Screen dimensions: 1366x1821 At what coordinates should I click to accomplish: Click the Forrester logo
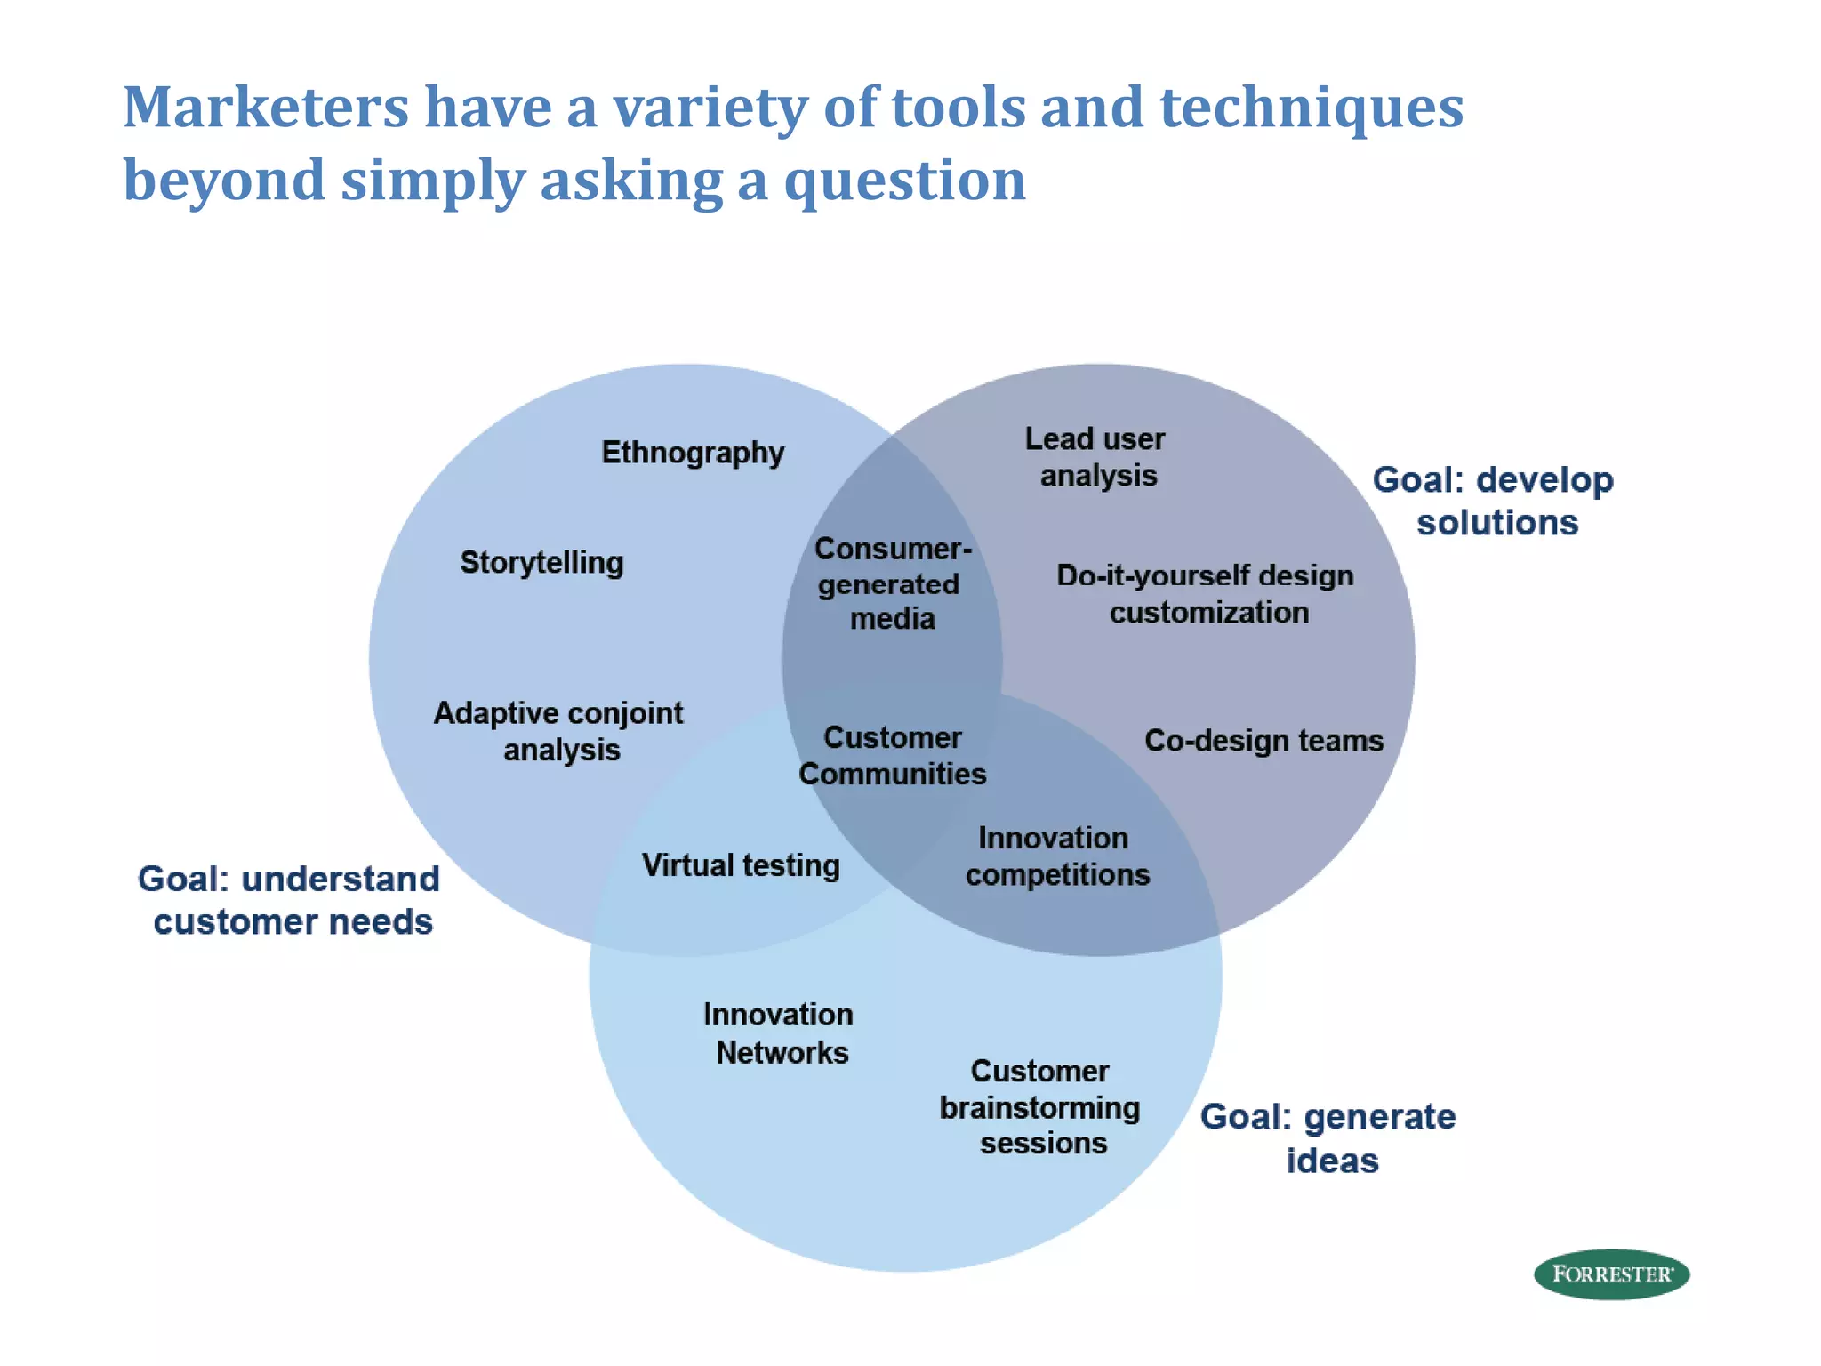[1611, 1274]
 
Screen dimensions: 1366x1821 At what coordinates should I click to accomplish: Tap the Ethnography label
[693, 453]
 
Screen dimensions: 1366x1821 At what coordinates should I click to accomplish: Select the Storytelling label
[541, 562]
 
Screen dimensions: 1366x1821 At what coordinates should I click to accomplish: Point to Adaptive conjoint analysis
[558, 731]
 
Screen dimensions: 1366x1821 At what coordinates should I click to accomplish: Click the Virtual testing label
[741, 865]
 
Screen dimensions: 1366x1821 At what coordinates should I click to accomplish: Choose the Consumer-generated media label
[892, 583]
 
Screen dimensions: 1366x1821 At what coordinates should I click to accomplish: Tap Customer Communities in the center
[893, 755]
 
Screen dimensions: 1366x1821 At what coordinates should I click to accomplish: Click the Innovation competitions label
[1057, 856]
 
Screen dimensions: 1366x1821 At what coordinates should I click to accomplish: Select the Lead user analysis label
[1095, 457]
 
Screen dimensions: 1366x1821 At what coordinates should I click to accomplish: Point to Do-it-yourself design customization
[1206, 593]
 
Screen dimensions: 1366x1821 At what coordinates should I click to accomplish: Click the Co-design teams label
[1263, 740]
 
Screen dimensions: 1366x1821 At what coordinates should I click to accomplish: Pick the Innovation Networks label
[780, 1033]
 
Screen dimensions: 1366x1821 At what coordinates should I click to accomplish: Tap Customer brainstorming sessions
[1040, 1106]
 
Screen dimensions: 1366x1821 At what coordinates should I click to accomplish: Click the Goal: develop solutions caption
[1494, 501]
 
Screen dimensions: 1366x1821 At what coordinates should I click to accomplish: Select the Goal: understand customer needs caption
[290, 900]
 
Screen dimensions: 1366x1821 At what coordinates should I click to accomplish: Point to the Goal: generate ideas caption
[1328, 1138]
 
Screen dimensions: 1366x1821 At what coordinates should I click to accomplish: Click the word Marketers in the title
[266, 108]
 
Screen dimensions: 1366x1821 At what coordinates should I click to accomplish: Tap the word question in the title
[904, 181]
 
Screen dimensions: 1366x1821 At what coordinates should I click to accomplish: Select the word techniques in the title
[1312, 108]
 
